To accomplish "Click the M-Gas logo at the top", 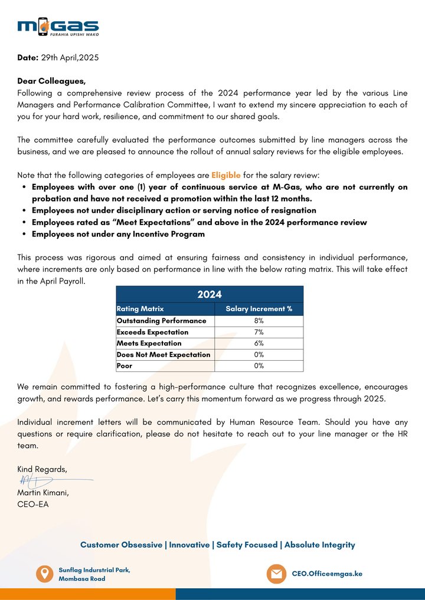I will tap(58, 27).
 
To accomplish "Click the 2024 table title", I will tap(210, 295).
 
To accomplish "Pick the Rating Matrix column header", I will tap(140, 309).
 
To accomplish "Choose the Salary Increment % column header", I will tap(259, 309).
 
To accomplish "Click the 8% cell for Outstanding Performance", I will tap(259, 321).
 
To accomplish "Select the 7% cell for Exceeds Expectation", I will tap(259, 332).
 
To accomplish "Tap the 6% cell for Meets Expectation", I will tap(259, 344).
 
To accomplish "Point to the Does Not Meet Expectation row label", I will tap(163, 355).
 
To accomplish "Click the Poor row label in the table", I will tap(125, 366).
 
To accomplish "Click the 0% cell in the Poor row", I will tap(259, 366).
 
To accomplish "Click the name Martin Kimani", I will tap(43, 493).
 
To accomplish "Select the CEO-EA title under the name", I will tap(33, 505).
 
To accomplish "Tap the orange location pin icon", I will tap(44, 573).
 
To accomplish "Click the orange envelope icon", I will tap(276, 573).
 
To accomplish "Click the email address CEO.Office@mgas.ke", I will tap(327, 573).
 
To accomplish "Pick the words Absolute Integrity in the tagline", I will tap(319, 545).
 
